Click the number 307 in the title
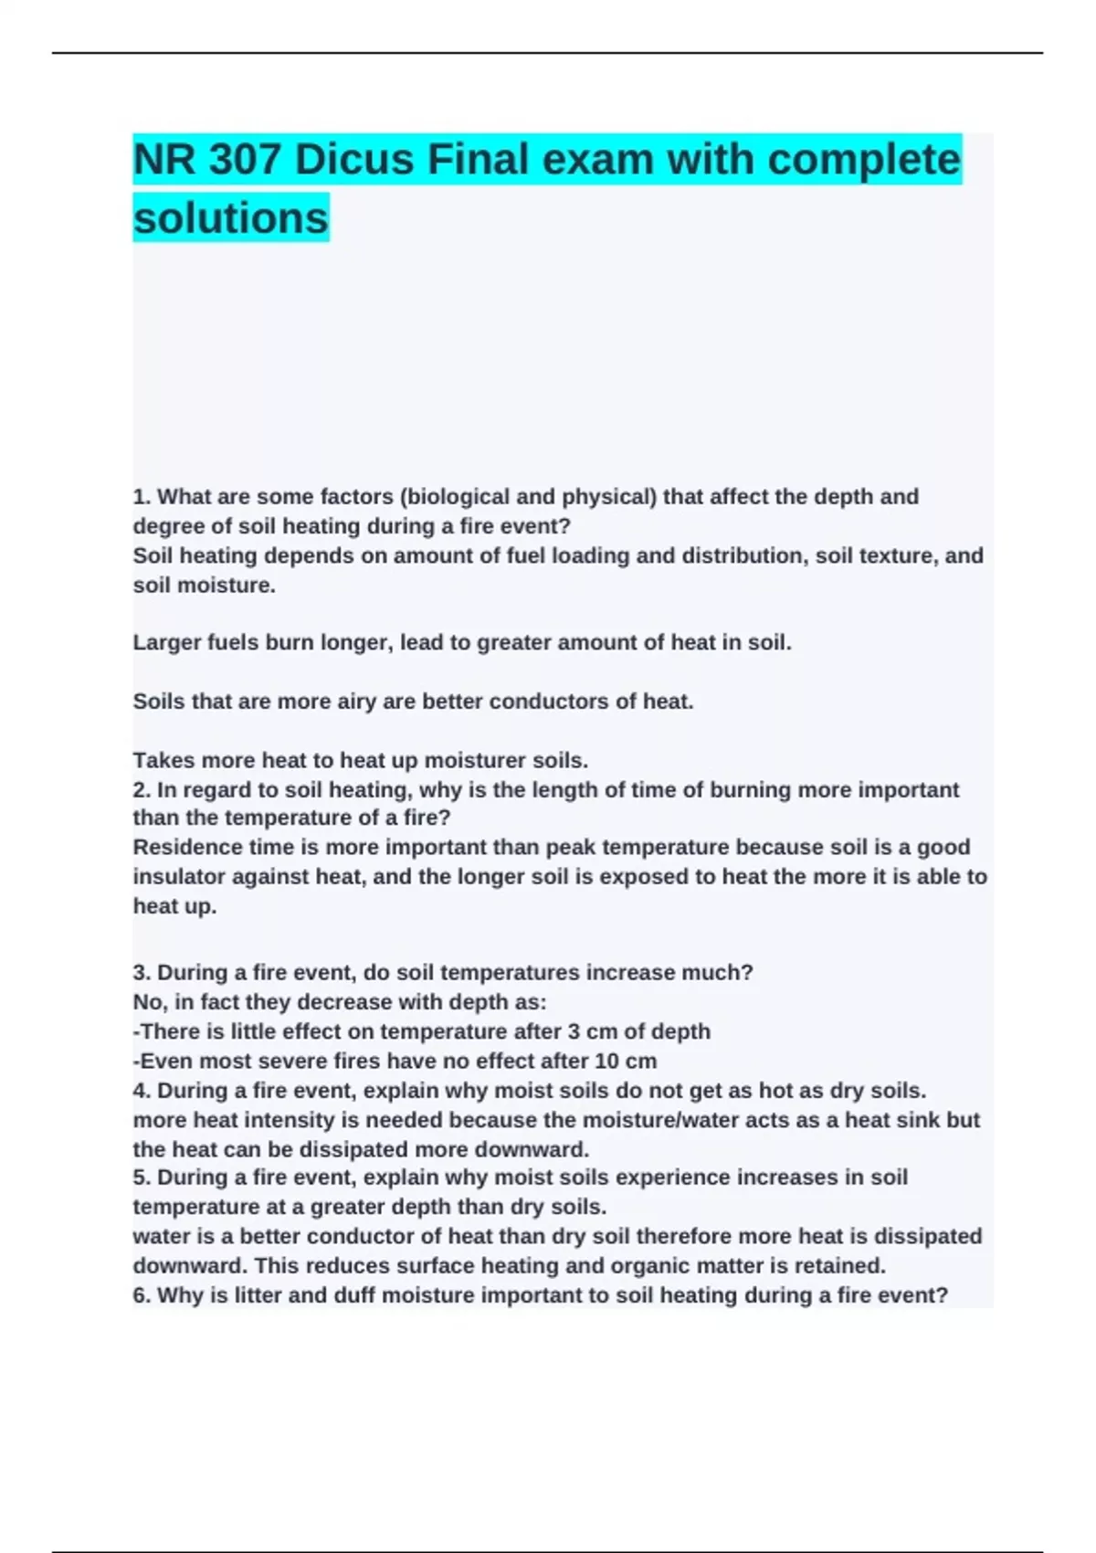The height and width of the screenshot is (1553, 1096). pyautogui.click(x=244, y=160)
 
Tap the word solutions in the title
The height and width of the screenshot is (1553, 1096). pyautogui.click(x=231, y=218)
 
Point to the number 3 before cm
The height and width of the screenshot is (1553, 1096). pyautogui.click(x=574, y=1031)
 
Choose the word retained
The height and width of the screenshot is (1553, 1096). pyautogui.click(x=838, y=1266)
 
